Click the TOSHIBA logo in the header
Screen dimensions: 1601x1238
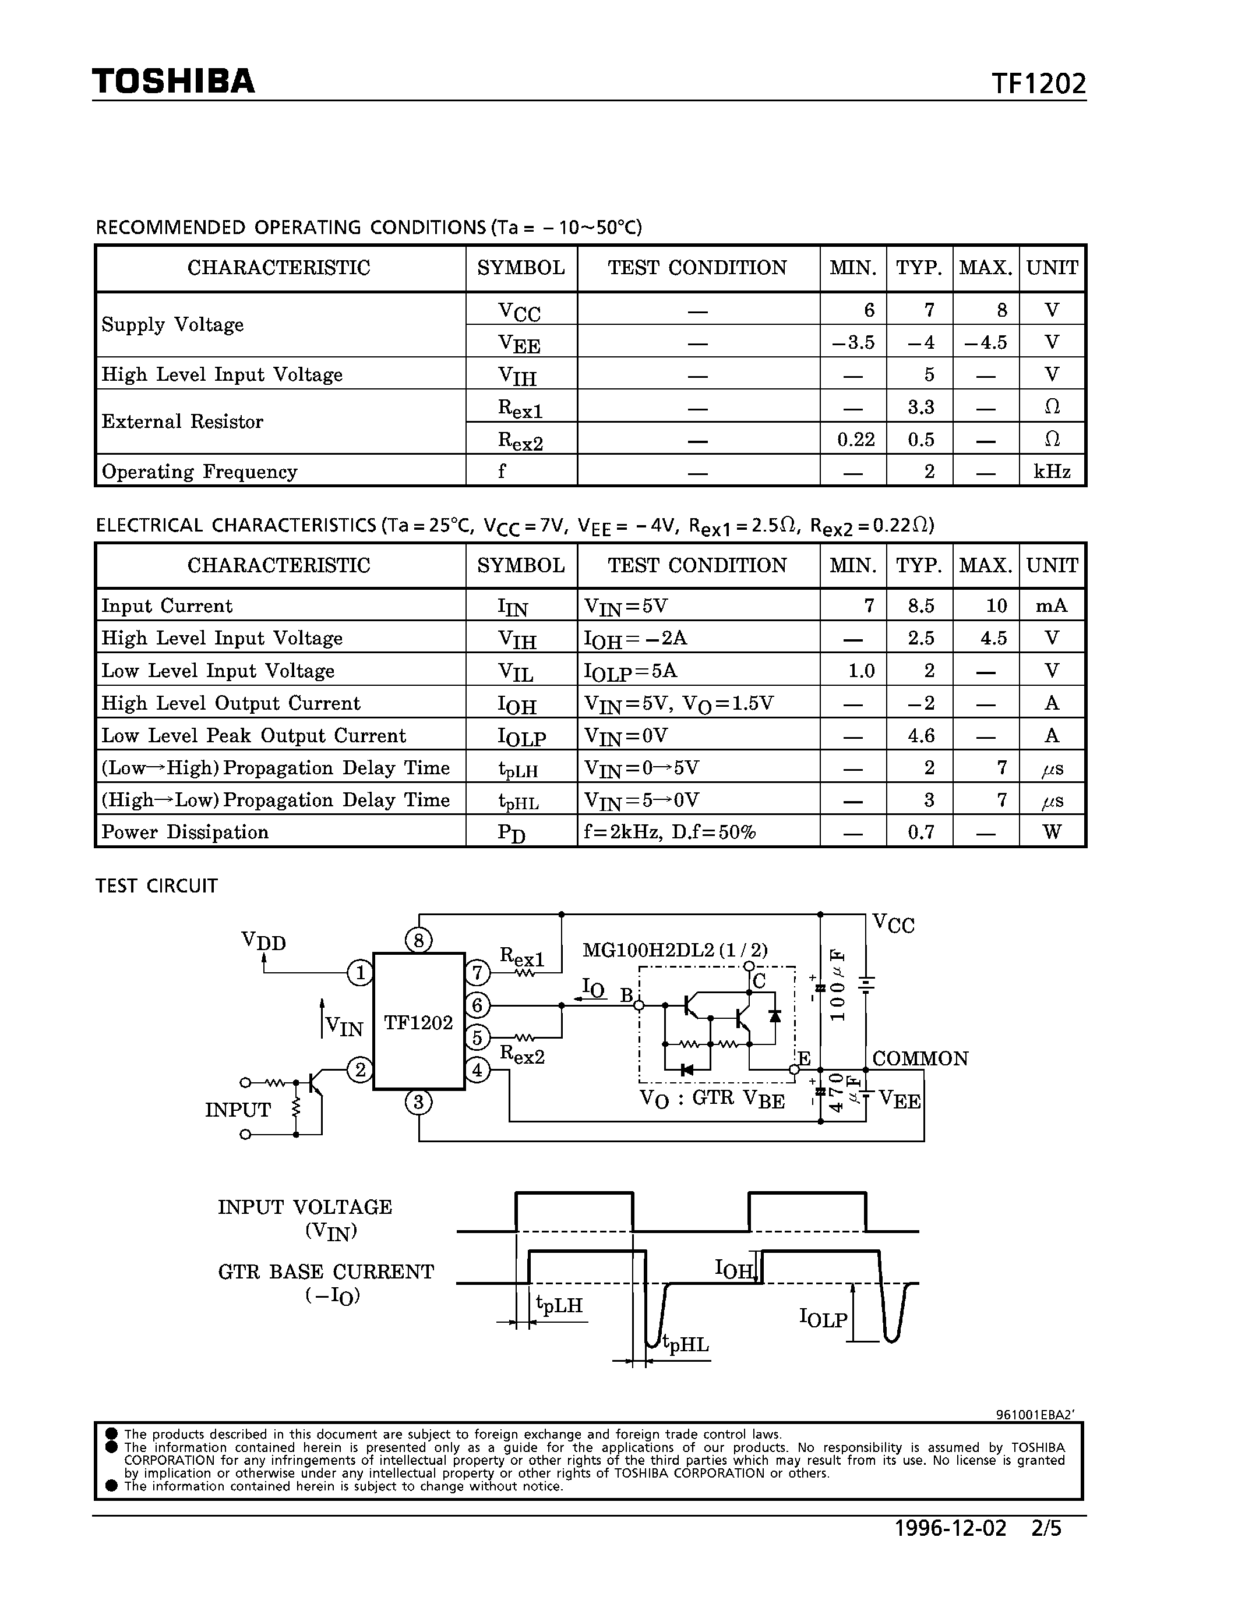tap(173, 81)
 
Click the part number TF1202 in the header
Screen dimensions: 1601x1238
tap(1039, 84)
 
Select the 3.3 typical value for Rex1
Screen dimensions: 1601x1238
tap(920, 406)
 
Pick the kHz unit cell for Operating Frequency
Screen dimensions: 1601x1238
tap(1052, 472)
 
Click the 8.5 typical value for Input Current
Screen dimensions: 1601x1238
tap(920, 605)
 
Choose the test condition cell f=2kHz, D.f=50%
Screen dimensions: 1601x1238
tap(669, 832)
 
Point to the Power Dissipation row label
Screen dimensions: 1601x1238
tap(185, 832)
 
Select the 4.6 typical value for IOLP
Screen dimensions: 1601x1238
tap(920, 735)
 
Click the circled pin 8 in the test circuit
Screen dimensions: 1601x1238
tap(418, 940)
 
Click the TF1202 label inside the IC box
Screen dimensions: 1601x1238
tap(419, 1023)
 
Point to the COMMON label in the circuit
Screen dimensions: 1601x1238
tap(920, 1058)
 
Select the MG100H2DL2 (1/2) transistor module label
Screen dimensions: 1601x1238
tap(675, 950)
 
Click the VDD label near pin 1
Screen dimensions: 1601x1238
tap(263, 941)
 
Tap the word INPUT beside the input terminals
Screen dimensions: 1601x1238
tap(238, 1110)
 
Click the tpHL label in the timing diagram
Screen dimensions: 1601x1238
tap(686, 1344)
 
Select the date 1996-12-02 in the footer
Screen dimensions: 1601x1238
tap(951, 1528)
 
